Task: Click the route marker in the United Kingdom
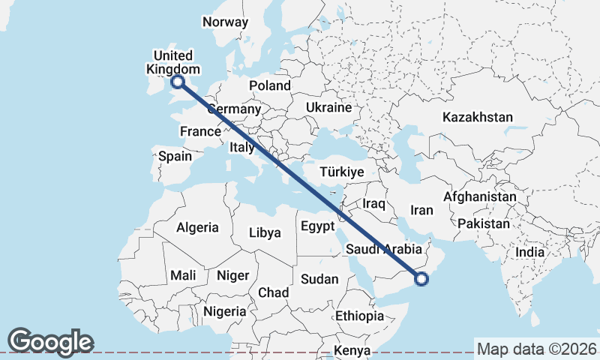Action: coord(178,82)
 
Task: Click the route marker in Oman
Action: coord(421,279)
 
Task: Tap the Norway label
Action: coord(225,22)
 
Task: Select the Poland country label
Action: coord(270,85)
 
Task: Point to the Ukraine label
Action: coord(328,107)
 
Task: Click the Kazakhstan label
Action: coord(478,117)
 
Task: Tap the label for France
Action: coord(200,131)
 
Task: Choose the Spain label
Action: coord(175,157)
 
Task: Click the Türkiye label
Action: coord(342,172)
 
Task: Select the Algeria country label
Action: coord(197,227)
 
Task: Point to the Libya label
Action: coord(265,232)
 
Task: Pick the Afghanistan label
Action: coord(480,196)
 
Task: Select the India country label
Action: coord(529,252)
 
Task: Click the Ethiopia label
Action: coord(359,316)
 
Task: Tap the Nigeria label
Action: coord(225,310)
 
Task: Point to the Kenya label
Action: coord(352,350)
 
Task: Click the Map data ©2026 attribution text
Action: coord(536,349)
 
